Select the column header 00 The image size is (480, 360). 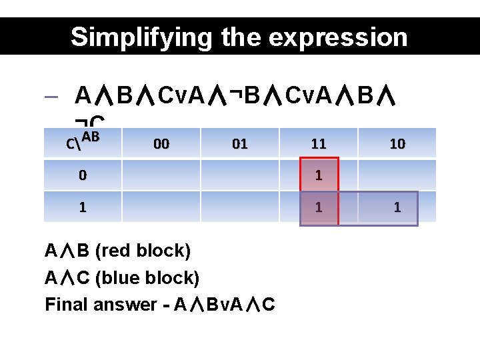(x=161, y=143)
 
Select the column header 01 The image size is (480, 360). (x=239, y=143)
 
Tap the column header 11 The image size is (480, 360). (x=319, y=143)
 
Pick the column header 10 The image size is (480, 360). (x=397, y=143)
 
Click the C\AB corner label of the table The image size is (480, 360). (x=83, y=141)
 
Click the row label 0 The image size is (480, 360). (x=82, y=175)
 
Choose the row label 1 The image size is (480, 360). (x=82, y=207)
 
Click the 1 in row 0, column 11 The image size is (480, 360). (x=319, y=175)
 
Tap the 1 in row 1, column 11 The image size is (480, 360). (x=319, y=207)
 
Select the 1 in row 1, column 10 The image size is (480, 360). (x=397, y=207)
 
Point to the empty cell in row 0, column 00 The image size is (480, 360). (x=161, y=175)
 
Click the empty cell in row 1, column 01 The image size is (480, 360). (x=239, y=207)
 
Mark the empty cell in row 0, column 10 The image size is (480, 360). (x=397, y=175)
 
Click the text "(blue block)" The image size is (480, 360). (x=147, y=277)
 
